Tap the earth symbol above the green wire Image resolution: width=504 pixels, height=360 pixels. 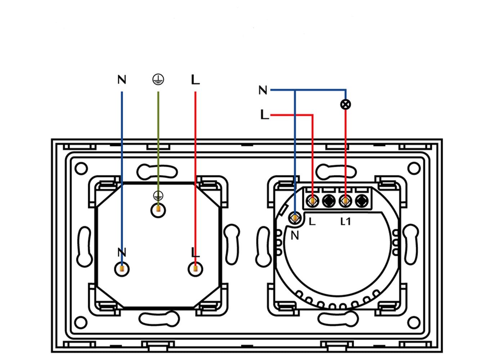pos(158,79)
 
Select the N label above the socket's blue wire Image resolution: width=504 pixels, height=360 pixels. pos(122,80)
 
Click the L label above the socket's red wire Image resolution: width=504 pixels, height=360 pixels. pos(195,80)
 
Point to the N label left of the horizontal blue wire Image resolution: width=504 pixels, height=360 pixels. pos(263,90)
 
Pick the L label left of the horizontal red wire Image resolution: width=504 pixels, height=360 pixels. pos(265,114)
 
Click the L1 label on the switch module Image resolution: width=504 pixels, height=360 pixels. pos(345,222)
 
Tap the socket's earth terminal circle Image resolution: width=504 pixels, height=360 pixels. pos(158,210)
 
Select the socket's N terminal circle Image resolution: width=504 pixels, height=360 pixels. pos(122,269)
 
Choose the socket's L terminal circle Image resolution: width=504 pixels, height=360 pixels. pos(195,269)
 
